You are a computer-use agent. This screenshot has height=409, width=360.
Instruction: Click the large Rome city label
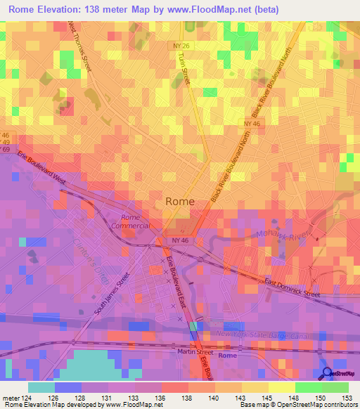(x=180, y=201)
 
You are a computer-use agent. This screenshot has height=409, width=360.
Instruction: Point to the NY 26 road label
(x=184, y=46)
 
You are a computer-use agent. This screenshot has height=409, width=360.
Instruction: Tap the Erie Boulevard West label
(x=41, y=168)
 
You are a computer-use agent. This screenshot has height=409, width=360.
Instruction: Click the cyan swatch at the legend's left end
(x=41, y=387)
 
